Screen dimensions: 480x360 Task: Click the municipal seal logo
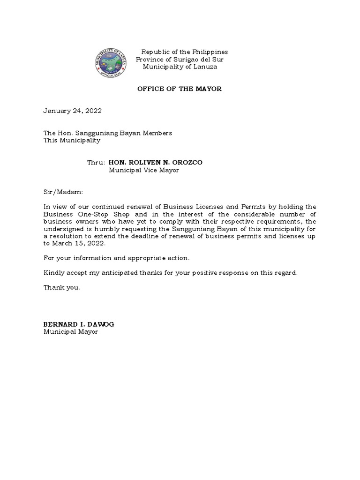[x=112, y=64]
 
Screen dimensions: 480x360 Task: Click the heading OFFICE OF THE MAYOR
[x=179, y=89]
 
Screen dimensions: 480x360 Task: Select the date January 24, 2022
[x=73, y=111]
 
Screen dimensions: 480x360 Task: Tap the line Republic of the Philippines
[x=185, y=52]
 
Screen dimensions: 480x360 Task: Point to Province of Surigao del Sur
[x=180, y=60]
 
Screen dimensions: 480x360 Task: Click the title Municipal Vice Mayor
[x=144, y=170]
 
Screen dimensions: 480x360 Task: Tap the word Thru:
[x=96, y=163]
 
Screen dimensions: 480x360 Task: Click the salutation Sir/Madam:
[x=63, y=192]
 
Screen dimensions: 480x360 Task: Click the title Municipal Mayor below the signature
[x=71, y=332]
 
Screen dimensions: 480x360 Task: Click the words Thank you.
[x=62, y=288]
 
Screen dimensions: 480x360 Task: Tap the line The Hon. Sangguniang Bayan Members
[x=108, y=133]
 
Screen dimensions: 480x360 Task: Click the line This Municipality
[x=72, y=140]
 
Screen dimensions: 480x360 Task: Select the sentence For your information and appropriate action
[x=117, y=258]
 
